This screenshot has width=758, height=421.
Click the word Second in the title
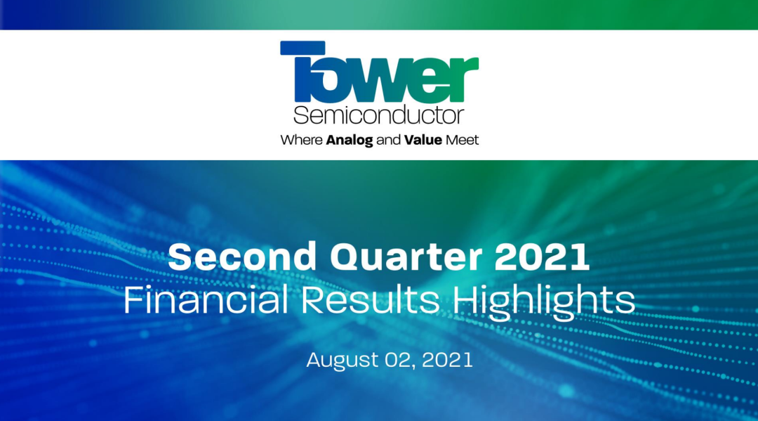tap(241, 257)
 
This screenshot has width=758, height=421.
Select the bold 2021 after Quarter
tap(542, 257)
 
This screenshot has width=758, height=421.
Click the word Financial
tap(206, 300)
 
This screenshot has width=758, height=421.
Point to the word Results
tap(370, 300)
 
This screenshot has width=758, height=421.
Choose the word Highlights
tap(543, 302)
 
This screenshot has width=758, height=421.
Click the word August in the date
tap(343, 361)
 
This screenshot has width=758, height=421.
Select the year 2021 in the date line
tap(447, 360)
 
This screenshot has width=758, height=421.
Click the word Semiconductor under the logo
tap(378, 115)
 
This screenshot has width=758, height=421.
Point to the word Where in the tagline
tap(301, 141)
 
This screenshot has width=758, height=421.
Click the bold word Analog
tap(350, 141)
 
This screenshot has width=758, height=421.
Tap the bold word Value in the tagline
tap(423, 141)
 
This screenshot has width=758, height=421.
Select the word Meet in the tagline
tap(462, 141)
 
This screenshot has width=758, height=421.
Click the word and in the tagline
tap(389, 141)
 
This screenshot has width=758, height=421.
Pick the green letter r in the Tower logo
tap(466, 79)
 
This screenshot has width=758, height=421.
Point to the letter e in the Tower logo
tap(432, 79)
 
